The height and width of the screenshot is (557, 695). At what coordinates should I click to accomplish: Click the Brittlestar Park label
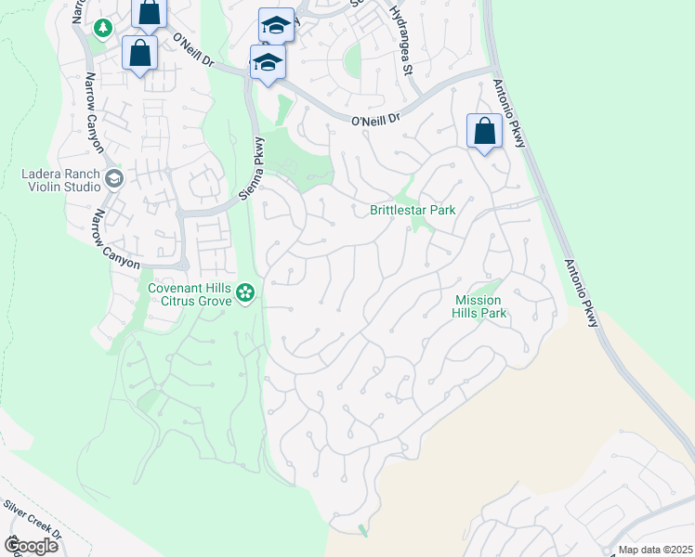click(x=413, y=210)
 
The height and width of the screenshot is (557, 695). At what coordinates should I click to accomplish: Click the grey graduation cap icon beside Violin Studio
click(x=114, y=178)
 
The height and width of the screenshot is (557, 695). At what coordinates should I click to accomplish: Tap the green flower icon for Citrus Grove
click(x=245, y=294)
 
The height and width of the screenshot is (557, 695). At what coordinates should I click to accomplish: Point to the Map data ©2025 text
click(x=655, y=550)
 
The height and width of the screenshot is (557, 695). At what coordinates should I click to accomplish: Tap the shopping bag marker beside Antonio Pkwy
click(x=484, y=132)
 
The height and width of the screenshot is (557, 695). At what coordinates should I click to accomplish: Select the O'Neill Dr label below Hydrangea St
click(x=375, y=120)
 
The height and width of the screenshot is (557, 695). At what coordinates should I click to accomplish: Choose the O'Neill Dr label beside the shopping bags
click(x=193, y=51)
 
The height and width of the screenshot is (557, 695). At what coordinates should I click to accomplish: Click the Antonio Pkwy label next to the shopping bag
click(x=510, y=112)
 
